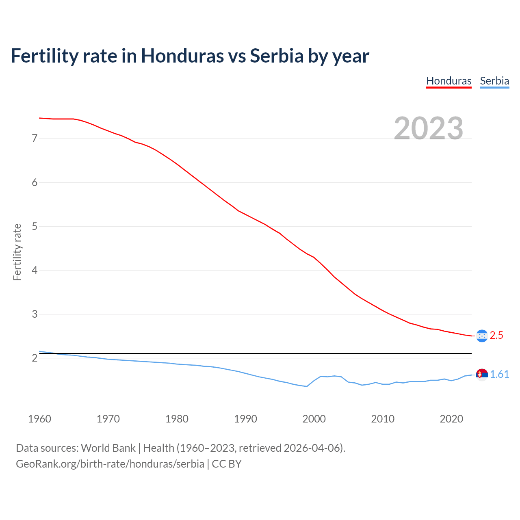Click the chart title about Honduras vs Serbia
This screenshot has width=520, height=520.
[190, 56]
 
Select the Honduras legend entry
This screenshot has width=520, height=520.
[448, 81]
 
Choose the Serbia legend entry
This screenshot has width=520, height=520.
[494, 81]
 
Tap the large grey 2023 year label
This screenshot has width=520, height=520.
[429, 128]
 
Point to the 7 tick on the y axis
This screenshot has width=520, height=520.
[35, 139]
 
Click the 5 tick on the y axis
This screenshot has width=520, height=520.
[35, 226]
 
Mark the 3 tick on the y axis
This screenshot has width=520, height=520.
[35, 314]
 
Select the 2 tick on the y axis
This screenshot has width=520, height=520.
[35, 358]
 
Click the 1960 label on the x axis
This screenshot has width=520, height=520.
[39, 419]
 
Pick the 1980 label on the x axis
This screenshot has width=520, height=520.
[177, 419]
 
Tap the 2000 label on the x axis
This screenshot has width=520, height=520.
[314, 419]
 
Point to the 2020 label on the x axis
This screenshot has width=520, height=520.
[451, 419]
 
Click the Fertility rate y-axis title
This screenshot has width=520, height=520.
[17, 252]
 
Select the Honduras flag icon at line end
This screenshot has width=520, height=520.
[482, 336]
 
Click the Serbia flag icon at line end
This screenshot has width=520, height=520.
[482, 374]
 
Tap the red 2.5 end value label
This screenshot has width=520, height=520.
[496, 335]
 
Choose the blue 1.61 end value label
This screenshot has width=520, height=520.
[499, 374]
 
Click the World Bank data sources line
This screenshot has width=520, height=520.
[180, 448]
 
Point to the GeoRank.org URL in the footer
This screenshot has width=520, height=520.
[110, 464]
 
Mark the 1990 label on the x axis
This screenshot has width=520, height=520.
[245, 419]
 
